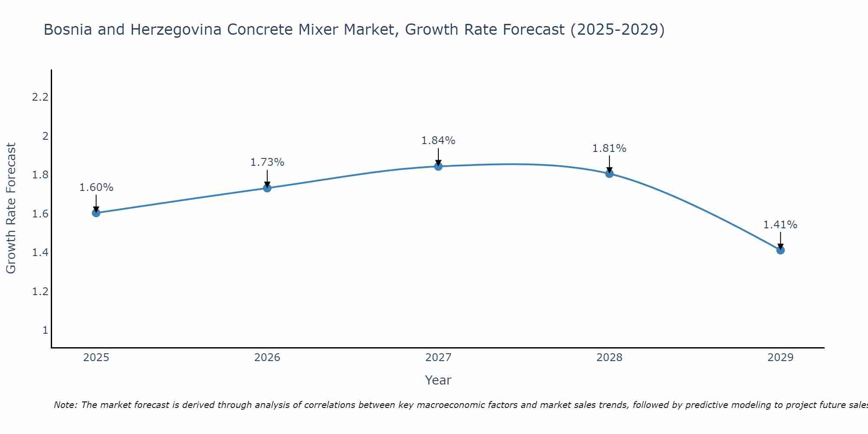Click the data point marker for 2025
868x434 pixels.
(96, 213)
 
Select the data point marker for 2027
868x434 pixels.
(438, 166)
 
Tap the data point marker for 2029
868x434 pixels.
(780, 250)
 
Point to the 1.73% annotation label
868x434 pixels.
(267, 162)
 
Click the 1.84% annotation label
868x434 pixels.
(438, 141)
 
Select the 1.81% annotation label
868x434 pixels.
(609, 148)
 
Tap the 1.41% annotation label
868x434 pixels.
(780, 225)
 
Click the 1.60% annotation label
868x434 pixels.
(96, 187)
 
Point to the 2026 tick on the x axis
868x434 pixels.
(267, 358)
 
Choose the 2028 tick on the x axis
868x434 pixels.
(609, 358)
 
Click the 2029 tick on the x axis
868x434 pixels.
(780, 358)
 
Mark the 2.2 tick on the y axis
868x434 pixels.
(40, 97)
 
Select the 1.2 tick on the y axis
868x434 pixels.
(40, 291)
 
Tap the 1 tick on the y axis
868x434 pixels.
(45, 330)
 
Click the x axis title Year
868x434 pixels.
(438, 380)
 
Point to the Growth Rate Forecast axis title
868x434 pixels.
(11, 208)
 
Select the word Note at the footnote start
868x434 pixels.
(65, 405)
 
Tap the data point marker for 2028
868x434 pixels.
(609, 174)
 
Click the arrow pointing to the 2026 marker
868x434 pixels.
(267, 178)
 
